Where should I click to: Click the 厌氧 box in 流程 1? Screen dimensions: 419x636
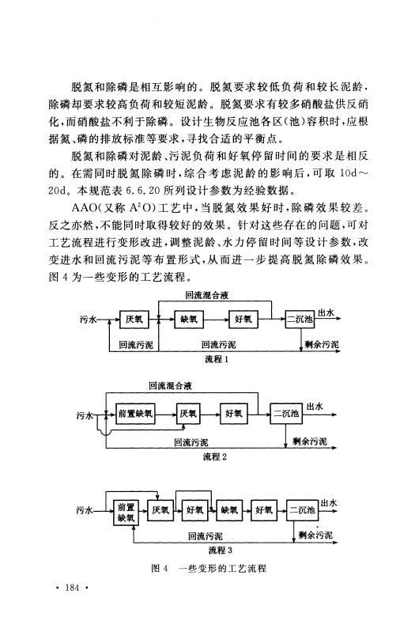pos(134,320)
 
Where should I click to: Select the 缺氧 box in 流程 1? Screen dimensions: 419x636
pos(188,320)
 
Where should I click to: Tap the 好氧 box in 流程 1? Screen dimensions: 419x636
pos(243,320)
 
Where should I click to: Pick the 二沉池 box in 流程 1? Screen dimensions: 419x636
pos(300,320)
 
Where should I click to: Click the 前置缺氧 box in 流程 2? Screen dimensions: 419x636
pos(135,415)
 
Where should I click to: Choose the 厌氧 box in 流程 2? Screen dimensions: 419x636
pos(188,415)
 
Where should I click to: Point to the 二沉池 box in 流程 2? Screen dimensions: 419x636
pos(285,415)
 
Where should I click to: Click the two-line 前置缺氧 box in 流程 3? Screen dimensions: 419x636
pos(126,513)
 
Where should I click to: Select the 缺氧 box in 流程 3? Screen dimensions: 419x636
pos(229,510)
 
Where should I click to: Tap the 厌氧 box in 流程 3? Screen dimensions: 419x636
pos(160,510)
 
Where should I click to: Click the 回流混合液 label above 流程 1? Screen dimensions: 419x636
pos(207,296)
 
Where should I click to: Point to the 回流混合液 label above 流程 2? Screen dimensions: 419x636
pos(170,386)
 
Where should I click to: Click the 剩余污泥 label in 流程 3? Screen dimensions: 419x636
pos(315,535)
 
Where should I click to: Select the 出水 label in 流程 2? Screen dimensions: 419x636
pos(315,406)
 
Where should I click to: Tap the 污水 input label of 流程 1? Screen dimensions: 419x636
pos(88,320)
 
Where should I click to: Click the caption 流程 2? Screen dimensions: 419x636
pos(215,456)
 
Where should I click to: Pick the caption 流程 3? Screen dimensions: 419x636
pos(221,551)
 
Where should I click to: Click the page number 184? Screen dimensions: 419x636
pos(72,587)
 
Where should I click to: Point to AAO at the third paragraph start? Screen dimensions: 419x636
pos(83,208)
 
